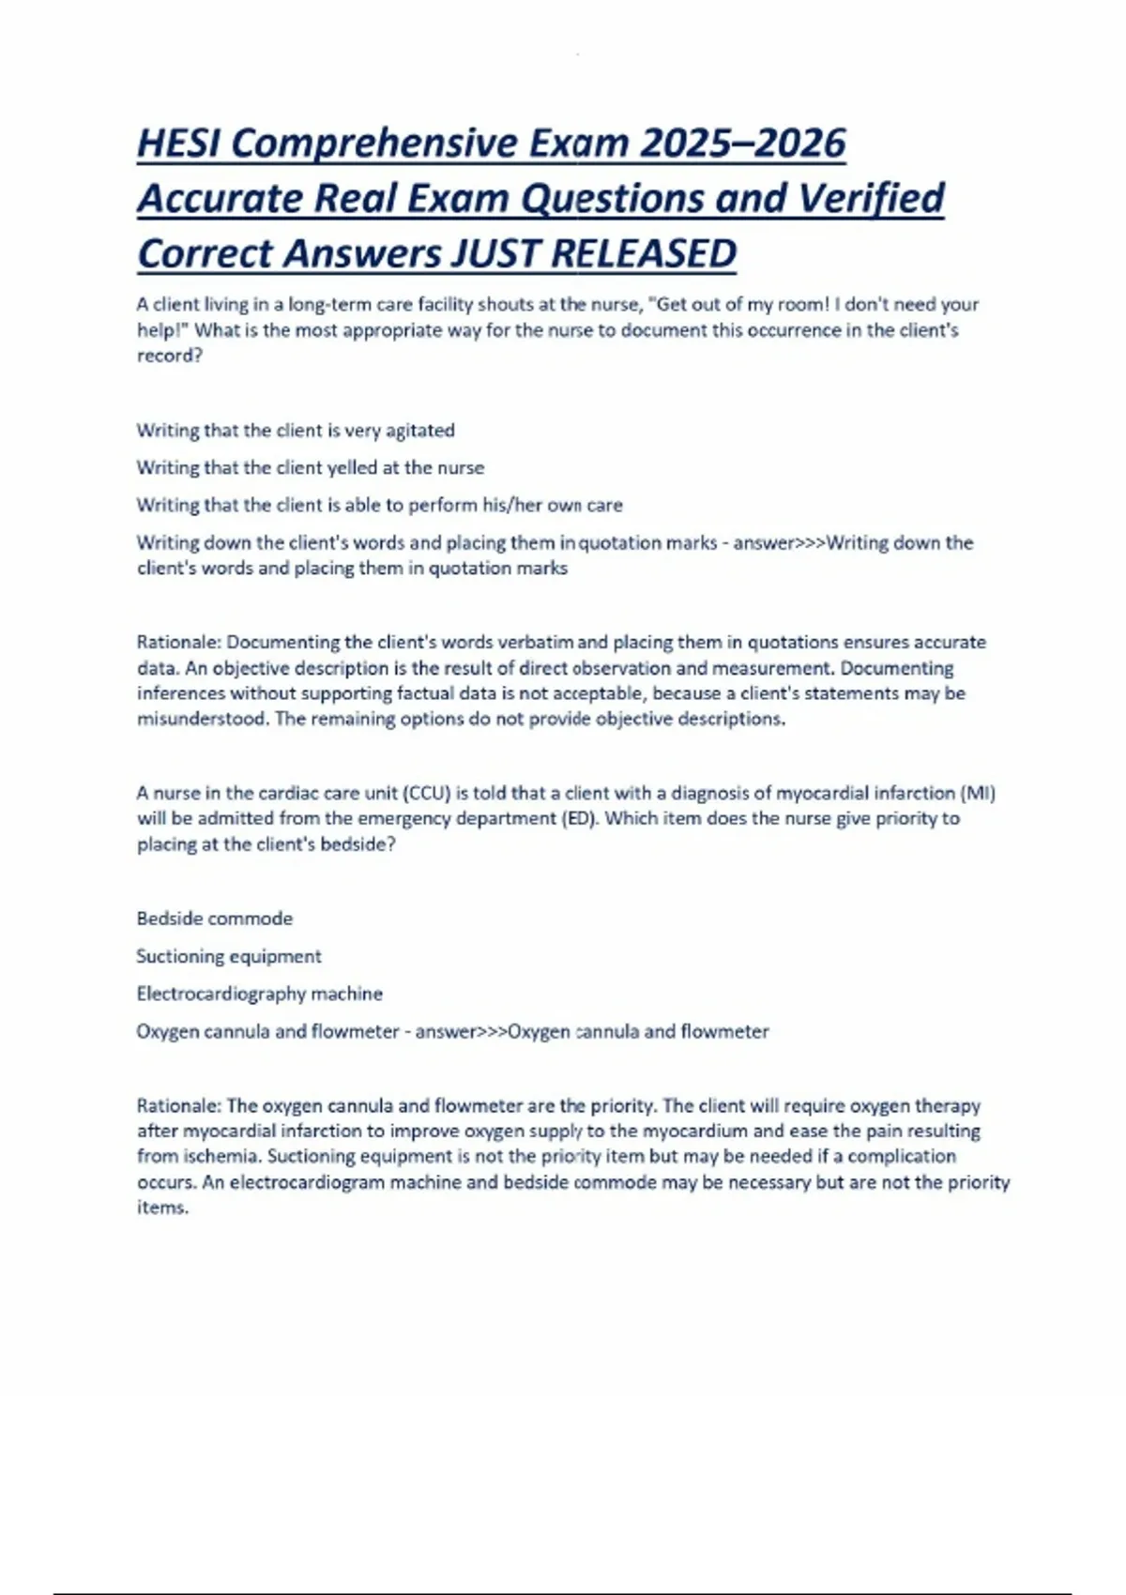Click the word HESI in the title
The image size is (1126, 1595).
click(178, 144)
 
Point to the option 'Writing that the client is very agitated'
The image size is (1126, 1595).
click(296, 431)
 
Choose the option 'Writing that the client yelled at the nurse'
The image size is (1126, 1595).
click(311, 467)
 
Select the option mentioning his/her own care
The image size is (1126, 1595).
click(379, 505)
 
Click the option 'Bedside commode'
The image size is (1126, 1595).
click(214, 919)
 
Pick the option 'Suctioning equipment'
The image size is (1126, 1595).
click(228, 956)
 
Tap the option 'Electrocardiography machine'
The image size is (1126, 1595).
click(259, 994)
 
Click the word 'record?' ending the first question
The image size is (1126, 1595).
click(170, 356)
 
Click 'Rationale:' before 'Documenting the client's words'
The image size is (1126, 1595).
click(178, 643)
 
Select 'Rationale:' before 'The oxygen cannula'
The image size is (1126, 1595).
click(178, 1106)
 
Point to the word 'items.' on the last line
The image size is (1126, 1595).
click(162, 1208)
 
